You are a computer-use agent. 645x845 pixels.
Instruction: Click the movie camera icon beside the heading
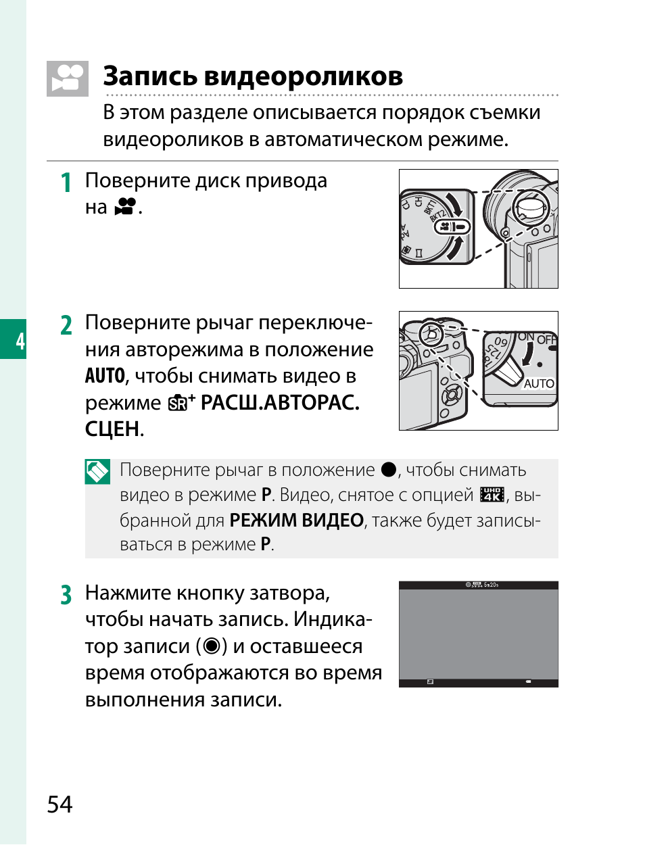click(68, 78)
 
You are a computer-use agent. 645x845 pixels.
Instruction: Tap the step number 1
click(66, 183)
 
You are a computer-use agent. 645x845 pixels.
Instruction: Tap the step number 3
click(66, 595)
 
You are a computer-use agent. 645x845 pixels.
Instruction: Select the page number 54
click(59, 804)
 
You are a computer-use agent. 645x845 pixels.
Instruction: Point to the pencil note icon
click(97, 472)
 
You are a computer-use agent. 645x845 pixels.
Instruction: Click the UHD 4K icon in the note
click(492, 495)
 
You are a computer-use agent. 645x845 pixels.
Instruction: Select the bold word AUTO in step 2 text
click(105, 376)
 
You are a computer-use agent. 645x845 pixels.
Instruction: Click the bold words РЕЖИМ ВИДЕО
click(296, 521)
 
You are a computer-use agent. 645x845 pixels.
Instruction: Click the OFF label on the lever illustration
click(546, 339)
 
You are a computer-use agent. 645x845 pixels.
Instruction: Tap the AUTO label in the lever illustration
click(539, 383)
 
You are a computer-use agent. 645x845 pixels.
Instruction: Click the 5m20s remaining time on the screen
click(491, 585)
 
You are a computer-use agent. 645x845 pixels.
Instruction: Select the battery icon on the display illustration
click(528, 682)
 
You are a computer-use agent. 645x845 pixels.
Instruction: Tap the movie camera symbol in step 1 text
click(125, 207)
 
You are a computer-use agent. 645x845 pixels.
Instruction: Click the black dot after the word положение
click(388, 469)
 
